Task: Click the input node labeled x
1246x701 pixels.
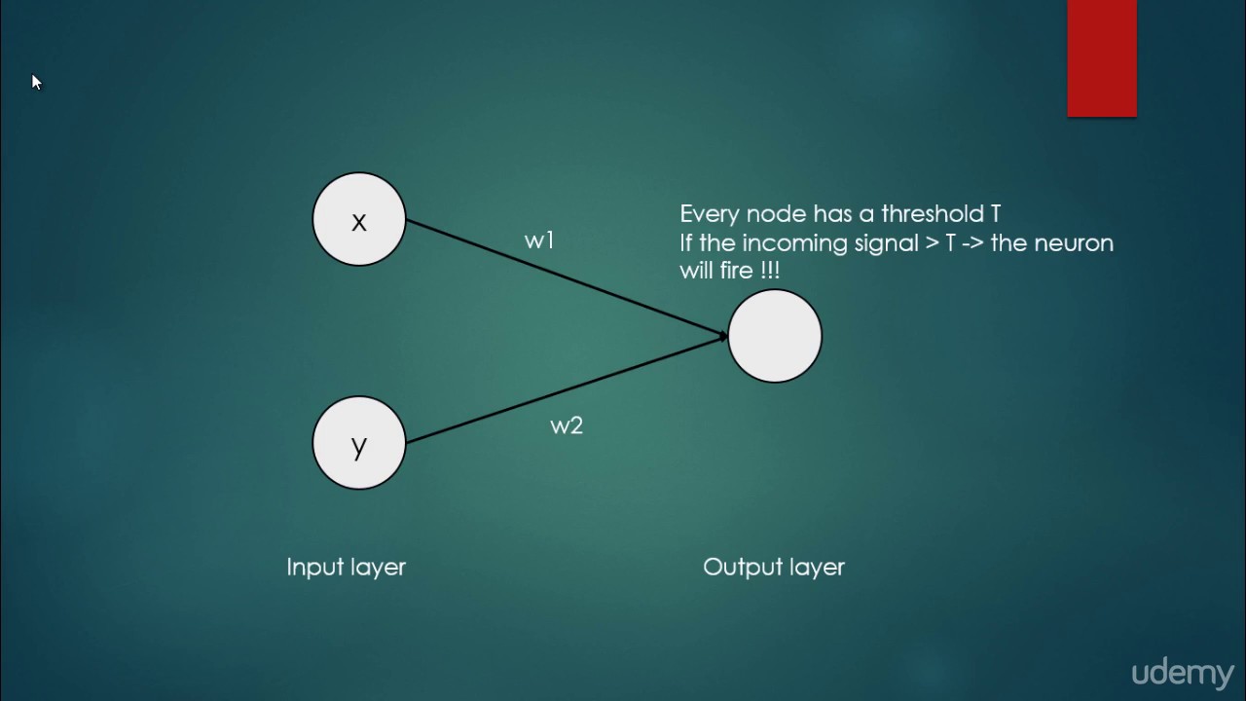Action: click(358, 220)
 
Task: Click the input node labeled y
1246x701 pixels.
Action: click(358, 443)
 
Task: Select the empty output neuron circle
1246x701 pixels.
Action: click(775, 336)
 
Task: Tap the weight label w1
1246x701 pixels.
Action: click(539, 240)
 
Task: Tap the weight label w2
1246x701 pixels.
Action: click(567, 425)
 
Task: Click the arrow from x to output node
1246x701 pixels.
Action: click(565, 278)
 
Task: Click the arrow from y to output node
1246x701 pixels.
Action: click(565, 389)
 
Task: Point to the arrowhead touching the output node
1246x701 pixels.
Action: click(723, 336)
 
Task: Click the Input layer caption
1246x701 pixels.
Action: click(346, 567)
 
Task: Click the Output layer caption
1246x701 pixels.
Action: click(774, 567)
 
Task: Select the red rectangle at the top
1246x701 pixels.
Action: click(1102, 58)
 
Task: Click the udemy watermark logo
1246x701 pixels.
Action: click(1182, 673)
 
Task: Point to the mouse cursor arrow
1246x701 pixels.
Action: click(36, 83)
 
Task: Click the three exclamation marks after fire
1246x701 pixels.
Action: click(769, 271)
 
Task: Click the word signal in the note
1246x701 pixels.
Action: click(887, 243)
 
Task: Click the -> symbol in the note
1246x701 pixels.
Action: click(972, 243)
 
